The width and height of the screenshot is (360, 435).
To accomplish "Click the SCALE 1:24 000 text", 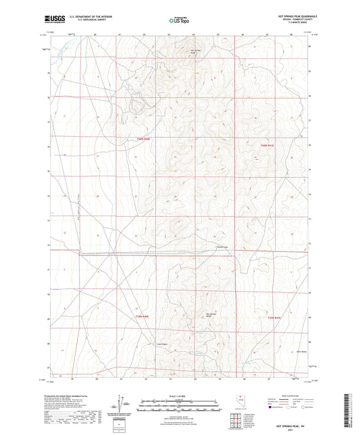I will tap(180, 396).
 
